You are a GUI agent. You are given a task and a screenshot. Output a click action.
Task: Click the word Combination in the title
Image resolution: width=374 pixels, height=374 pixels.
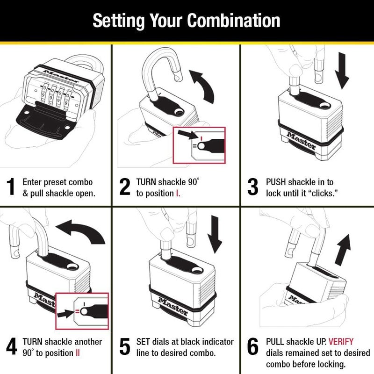[x=234, y=21]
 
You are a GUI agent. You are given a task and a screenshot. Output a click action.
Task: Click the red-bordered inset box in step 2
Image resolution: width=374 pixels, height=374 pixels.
[x=199, y=145]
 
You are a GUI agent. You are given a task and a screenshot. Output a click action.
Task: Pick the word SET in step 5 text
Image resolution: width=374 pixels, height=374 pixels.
[x=144, y=342]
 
